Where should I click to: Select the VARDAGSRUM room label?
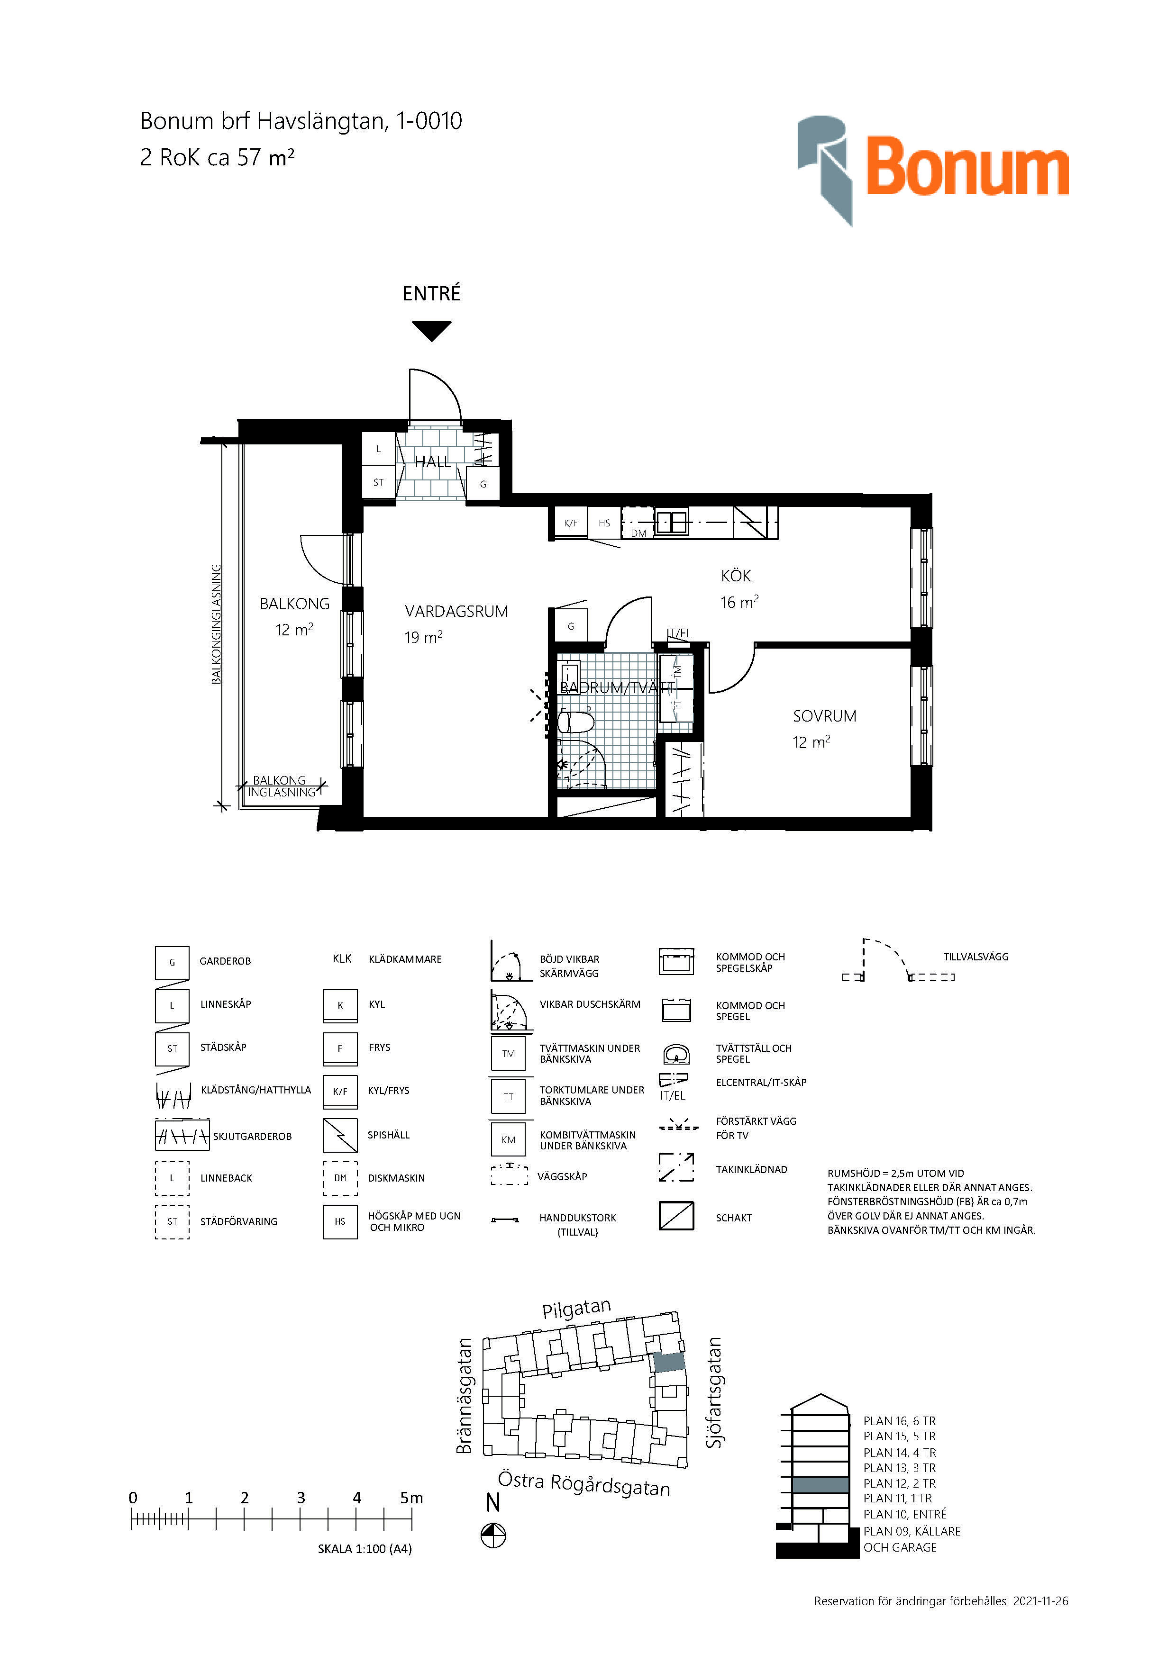(456, 612)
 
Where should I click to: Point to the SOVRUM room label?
(824, 716)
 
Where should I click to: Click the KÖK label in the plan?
(736, 576)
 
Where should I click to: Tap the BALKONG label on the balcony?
(295, 604)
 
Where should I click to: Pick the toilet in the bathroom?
(576, 722)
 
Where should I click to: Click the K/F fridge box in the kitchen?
(571, 523)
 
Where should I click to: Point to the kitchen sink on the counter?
(672, 522)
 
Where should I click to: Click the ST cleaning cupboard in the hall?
(379, 482)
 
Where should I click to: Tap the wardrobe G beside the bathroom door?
(571, 626)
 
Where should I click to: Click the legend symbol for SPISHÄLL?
(340, 1135)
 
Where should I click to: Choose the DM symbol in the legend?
(340, 1178)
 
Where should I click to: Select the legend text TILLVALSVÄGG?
(975, 957)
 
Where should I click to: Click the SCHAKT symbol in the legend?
(676, 1216)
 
